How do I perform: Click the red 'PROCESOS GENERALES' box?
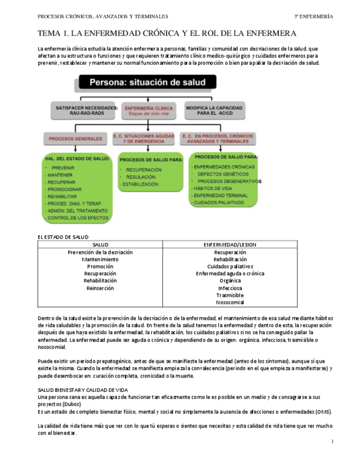pos(75,139)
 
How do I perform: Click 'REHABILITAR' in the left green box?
pos(63,196)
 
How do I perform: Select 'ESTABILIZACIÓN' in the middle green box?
pos(141,185)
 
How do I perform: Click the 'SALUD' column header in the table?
pos(100,245)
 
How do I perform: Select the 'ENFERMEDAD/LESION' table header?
pos(230,245)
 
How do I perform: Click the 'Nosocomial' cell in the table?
pos(230,302)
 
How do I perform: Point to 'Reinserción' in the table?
pos(100,288)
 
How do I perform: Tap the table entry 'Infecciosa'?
pos(230,288)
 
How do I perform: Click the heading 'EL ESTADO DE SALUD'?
pos(63,237)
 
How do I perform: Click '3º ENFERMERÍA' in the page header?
pos(313,16)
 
